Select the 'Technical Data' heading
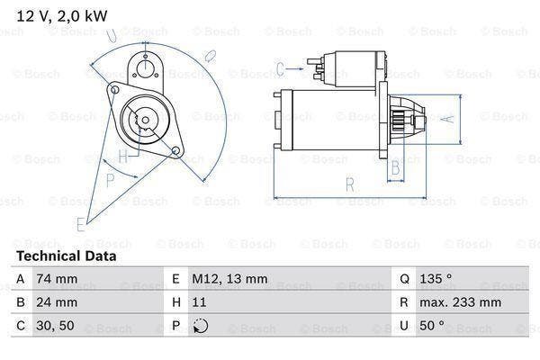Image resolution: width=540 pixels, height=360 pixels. click(x=65, y=256)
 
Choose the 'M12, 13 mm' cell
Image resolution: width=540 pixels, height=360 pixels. click(x=229, y=279)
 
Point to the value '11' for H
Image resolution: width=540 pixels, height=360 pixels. click(x=200, y=302)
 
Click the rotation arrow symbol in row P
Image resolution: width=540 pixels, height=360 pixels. click(x=200, y=326)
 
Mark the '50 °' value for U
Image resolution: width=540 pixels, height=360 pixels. click(x=434, y=326)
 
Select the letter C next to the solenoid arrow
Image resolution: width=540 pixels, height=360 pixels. click(x=280, y=67)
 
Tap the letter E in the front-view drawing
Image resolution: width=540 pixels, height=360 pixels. click(x=82, y=222)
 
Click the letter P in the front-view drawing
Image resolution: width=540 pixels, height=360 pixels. click(x=109, y=180)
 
